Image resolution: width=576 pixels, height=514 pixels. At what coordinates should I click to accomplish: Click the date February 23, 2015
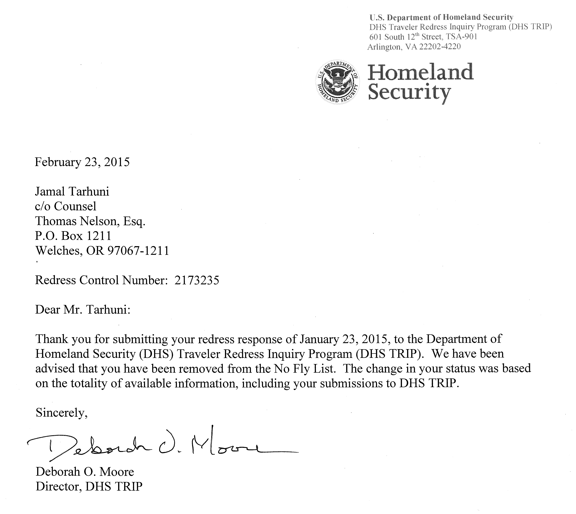point(82,162)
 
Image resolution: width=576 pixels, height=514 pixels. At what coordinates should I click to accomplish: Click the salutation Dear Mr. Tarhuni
point(83,310)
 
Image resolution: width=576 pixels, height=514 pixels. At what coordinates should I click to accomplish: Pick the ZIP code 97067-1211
point(138,250)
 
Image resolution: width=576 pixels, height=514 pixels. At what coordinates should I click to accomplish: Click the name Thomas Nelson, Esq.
point(90,221)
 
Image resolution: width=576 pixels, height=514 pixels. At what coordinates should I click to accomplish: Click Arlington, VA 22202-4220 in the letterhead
point(414,47)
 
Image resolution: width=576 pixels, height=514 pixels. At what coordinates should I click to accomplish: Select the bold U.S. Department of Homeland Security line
point(441,17)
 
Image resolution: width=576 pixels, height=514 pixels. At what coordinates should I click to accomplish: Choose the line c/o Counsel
point(66,206)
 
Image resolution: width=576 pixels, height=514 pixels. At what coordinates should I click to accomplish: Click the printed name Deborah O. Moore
point(85,472)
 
